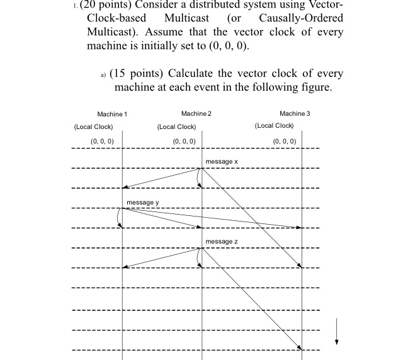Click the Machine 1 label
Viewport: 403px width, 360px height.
[x=112, y=114]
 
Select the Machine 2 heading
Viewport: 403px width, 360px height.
[x=196, y=113]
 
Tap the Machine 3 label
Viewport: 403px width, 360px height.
[x=295, y=113]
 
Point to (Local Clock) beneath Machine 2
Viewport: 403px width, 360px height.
[x=176, y=127]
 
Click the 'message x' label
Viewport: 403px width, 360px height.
[x=222, y=162]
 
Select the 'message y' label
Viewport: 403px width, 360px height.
[x=143, y=202]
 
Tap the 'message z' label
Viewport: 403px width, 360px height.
[x=222, y=242]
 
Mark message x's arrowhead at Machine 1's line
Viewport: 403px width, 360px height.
[x=125, y=187]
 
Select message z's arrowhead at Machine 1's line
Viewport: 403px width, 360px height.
[x=125, y=267]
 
